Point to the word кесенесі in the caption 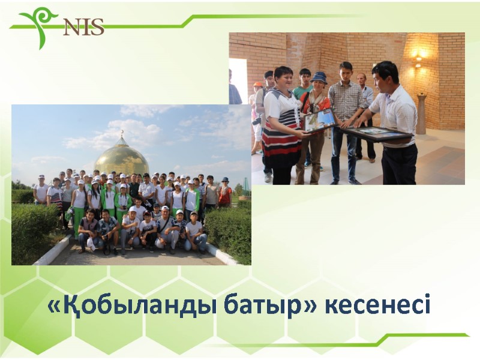click(x=378, y=306)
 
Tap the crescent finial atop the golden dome click(x=121, y=133)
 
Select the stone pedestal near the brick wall click(x=421, y=114)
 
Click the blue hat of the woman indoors click(x=319, y=77)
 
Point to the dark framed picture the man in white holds click(x=384, y=133)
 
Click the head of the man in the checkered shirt click(x=346, y=70)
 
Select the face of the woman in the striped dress click(x=284, y=79)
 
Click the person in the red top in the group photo click(x=225, y=195)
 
